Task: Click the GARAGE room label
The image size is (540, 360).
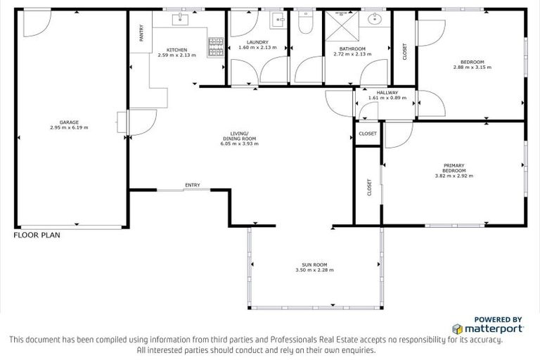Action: tap(68, 122)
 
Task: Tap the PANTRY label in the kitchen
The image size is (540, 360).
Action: tap(141, 34)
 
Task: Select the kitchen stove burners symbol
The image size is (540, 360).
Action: tap(215, 46)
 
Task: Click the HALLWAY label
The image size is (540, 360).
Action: tap(387, 93)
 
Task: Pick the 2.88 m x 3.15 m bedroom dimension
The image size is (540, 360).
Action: tap(472, 67)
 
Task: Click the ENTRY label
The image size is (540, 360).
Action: tap(193, 185)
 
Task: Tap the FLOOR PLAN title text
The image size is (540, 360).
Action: tap(37, 236)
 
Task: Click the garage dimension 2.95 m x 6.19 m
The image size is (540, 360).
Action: tap(68, 127)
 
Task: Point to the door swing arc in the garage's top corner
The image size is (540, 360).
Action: tap(34, 25)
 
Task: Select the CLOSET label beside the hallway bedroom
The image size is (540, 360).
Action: tap(404, 51)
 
